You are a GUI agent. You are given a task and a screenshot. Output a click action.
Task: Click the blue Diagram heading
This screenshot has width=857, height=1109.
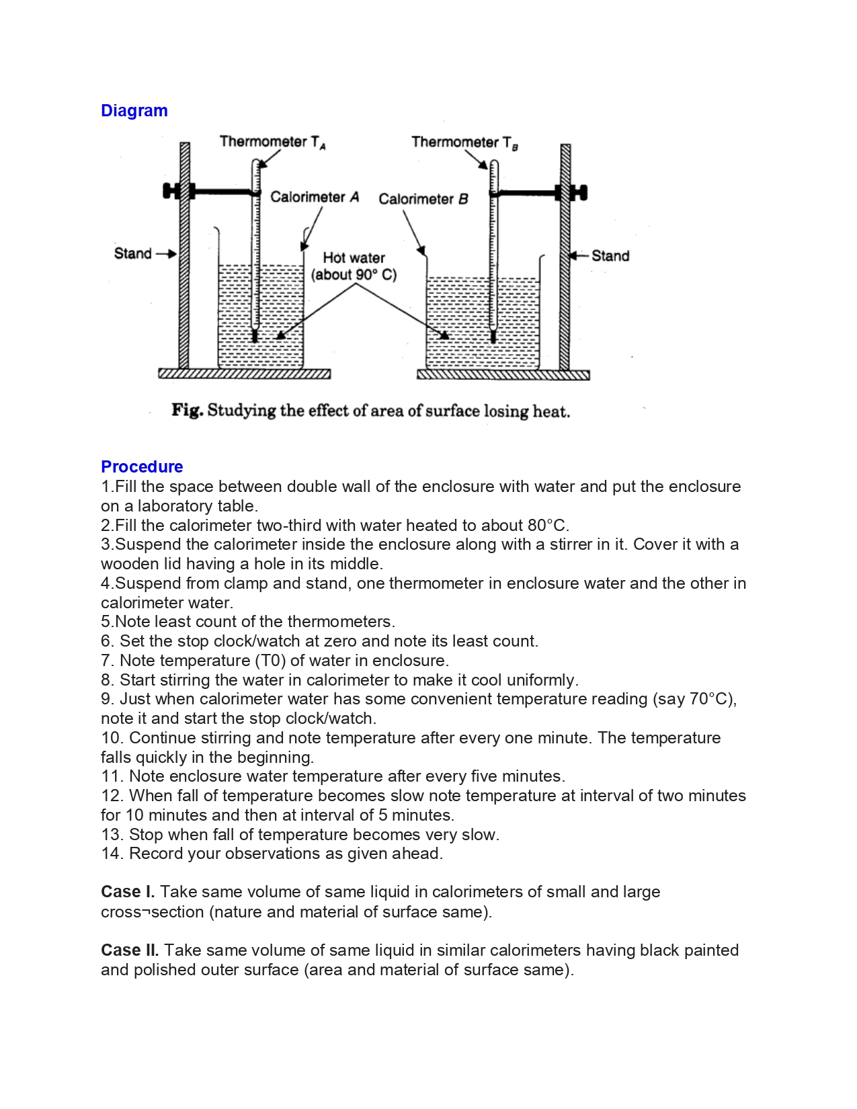point(134,111)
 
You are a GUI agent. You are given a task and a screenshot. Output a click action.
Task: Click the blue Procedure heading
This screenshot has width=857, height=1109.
point(141,466)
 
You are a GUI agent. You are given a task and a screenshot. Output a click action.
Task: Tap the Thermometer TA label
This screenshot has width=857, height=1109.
point(272,142)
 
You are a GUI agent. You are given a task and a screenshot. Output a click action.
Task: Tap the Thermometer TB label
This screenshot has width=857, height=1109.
point(464,142)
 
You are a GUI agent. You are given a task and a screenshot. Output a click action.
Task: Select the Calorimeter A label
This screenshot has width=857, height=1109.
point(314,197)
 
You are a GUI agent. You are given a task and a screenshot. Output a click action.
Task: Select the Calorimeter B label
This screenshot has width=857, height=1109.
point(423,199)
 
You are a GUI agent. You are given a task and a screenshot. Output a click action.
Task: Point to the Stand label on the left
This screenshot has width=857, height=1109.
point(132,253)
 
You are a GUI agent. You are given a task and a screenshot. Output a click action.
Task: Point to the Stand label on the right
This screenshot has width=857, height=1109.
point(610,256)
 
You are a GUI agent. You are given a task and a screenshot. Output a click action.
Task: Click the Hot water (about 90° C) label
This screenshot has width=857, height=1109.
point(354,266)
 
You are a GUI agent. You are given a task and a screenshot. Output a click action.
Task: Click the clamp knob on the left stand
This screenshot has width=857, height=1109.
point(172,192)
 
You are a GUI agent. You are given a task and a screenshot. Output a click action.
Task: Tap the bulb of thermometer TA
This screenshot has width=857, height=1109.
point(255,334)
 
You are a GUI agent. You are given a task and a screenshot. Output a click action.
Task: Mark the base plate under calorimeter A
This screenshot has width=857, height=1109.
point(244,374)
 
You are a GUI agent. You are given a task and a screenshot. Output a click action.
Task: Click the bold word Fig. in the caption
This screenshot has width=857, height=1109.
point(187,410)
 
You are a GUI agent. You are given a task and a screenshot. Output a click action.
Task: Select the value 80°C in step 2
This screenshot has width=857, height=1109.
point(547,526)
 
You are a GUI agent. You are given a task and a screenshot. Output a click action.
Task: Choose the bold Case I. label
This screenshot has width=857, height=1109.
point(128,892)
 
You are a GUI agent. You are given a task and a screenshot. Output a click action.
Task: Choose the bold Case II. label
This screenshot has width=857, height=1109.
point(130,950)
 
